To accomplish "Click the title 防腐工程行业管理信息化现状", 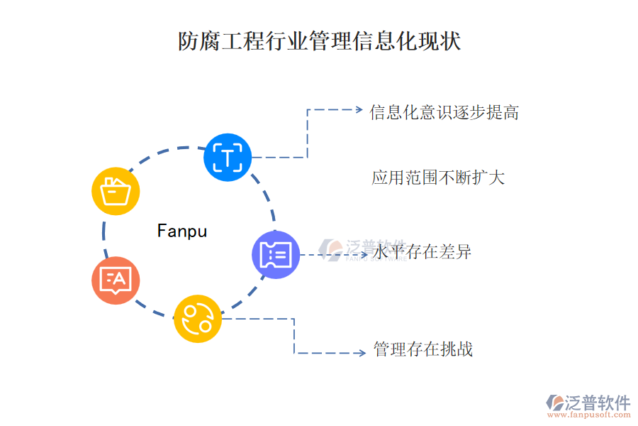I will pyautogui.click(x=319, y=41).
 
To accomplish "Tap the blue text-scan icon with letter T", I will pyautogui.click(x=228, y=157).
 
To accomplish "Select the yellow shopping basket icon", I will pyautogui.click(x=116, y=191).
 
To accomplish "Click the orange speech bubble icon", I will pyautogui.click(x=116, y=280).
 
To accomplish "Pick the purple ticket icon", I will pyautogui.click(x=276, y=254).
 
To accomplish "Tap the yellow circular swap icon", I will pyautogui.click(x=198, y=319).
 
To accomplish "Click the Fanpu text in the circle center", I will pyautogui.click(x=182, y=231).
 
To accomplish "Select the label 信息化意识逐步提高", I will pyautogui.click(x=444, y=112).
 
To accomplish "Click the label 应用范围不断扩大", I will pyautogui.click(x=438, y=177).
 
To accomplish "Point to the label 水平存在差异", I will pyautogui.click(x=422, y=252).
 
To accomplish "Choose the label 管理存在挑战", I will pyautogui.click(x=422, y=349).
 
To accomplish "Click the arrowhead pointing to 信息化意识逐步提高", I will pyautogui.click(x=358, y=110).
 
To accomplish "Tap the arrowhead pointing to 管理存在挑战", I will pyautogui.click(x=362, y=353).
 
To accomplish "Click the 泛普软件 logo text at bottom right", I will pyautogui.click(x=597, y=403).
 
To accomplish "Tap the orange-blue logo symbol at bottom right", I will pyautogui.click(x=554, y=403).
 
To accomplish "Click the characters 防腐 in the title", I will pyautogui.click(x=192, y=41).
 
